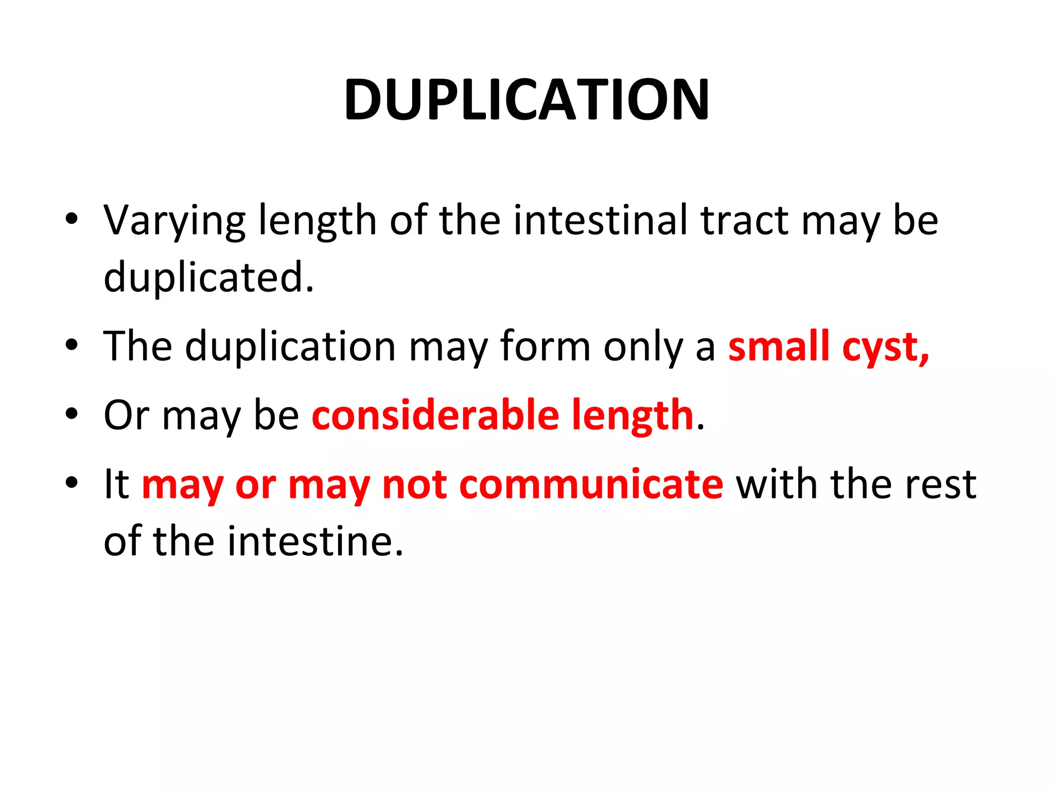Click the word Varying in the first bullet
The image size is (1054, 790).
[x=174, y=221]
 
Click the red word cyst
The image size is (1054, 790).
[x=885, y=348]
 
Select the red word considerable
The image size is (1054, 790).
[x=435, y=415]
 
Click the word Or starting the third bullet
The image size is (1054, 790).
[x=126, y=415]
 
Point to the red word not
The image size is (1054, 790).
[x=414, y=484]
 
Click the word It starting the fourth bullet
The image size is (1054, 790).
[x=116, y=484]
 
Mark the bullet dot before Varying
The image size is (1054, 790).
[x=72, y=219]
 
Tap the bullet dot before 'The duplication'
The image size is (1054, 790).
[x=72, y=346]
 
